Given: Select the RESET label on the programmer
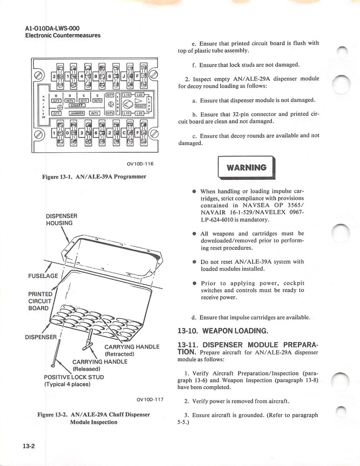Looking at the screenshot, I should click(x=140, y=106).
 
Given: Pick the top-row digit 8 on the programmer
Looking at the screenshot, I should click(x=95, y=76).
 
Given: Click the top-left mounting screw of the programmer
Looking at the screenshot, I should click(x=41, y=76).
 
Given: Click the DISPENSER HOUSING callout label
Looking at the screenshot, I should click(x=61, y=219).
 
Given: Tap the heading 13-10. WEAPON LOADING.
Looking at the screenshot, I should click(x=223, y=331).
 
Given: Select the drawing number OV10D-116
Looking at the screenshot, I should click(x=140, y=164).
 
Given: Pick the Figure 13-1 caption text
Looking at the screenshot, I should click(x=94, y=177).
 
